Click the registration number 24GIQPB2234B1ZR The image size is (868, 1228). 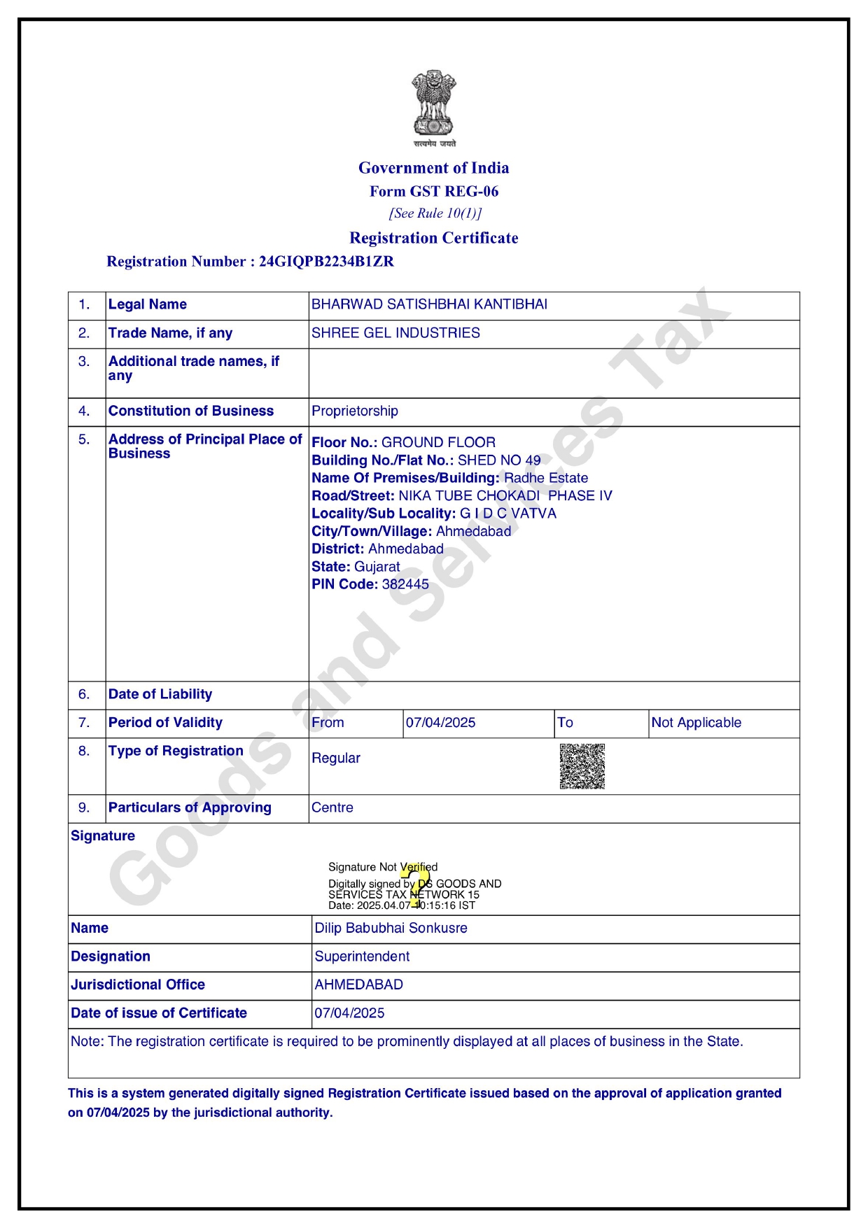pyautogui.click(x=326, y=262)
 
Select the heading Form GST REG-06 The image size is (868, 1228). pyautogui.click(x=434, y=191)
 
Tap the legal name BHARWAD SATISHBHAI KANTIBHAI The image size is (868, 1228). pyautogui.click(x=429, y=304)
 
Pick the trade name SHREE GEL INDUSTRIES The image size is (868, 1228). pyautogui.click(x=395, y=333)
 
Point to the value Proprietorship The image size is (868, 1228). pyautogui.click(x=354, y=411)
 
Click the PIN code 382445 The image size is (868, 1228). pyautogui.click(x=405, y=584)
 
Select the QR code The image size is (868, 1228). pyautogui.click(x=582, y=766)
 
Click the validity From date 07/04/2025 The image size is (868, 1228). pyautogui.click(x=440, y=723)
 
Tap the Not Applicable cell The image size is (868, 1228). pyautogui.click(x=696, y=723)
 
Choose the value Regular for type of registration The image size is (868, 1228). pyautogui.click(x=336, y=758)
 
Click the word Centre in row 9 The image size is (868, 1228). pyautogui.click(x=332, y=807)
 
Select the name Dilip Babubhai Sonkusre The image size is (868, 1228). pyautogui.click(x=391, y=928)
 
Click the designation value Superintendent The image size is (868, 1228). pyautogui.click(x=362, y=957)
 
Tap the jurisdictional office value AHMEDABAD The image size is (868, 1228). pyautogui.click(x=358, y=984)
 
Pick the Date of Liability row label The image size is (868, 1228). pyautogui.click(x=160, y=694)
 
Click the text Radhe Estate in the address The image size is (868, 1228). pyautogui.click(x=546, y=478)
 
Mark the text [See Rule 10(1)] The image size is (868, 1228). pyautogui.click(x=435, y=213)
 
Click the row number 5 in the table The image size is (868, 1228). pyautogui.click(x=84, y=439)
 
